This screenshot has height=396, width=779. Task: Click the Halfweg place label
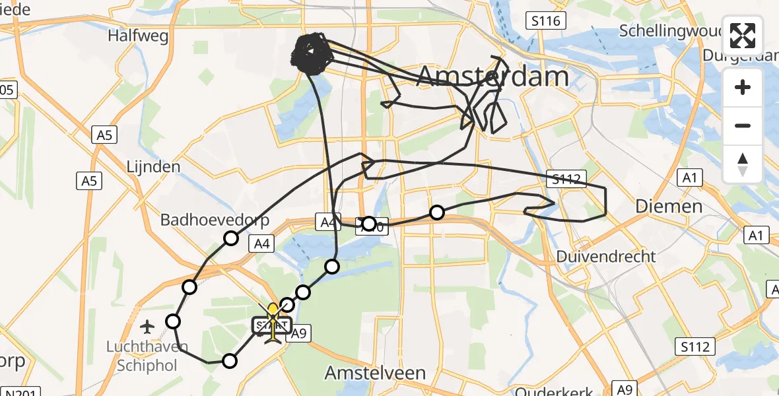click(139, 36)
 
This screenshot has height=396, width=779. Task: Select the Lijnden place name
click(152, 166)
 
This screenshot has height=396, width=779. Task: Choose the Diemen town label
click(669, 207)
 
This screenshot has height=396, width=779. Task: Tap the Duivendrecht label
click(606, 256)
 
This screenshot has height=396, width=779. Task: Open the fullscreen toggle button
click(743, 36)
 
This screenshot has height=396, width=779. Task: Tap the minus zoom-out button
click(743, 125)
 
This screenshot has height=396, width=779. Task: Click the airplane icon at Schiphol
click(147, 326)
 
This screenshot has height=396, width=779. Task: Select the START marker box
click(271, 325)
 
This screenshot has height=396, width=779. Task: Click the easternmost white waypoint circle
click(436, 212)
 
